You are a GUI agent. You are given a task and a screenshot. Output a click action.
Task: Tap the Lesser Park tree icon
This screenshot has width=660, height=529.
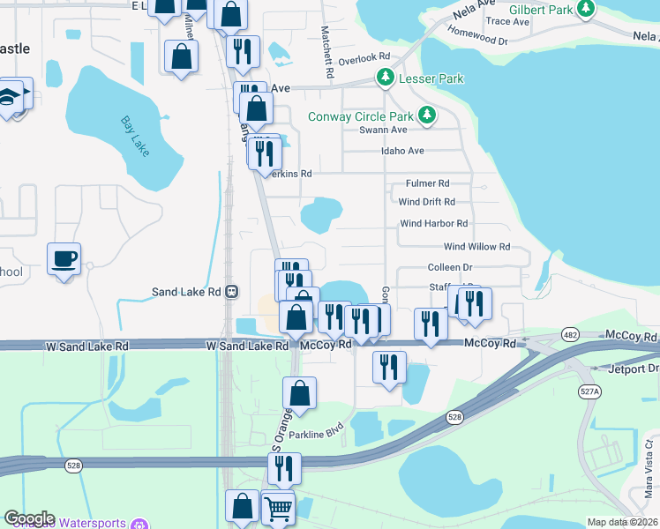click(385, 78)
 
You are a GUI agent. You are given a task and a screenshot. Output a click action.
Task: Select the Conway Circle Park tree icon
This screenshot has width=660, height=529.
click(427, 115)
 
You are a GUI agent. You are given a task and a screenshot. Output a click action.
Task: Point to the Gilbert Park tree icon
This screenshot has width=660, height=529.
click(583, 9)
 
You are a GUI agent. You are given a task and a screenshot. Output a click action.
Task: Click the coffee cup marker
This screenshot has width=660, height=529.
click(64, 259)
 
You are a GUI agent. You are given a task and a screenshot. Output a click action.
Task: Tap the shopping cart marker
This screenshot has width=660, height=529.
click(278, 507)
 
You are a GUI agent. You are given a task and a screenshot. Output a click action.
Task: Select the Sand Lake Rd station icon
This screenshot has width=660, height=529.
click(231, 292)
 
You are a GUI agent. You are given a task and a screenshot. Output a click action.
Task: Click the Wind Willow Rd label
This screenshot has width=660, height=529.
click(476, 247)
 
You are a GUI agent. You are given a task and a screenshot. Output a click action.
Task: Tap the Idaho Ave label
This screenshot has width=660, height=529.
click(402, 151)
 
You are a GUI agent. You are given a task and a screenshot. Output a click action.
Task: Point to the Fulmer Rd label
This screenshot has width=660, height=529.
click(427, 183)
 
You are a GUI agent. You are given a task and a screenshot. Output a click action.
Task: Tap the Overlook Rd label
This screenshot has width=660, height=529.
click(364, 56)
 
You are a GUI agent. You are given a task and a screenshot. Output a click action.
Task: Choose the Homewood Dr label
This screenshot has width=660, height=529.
click(477, 41)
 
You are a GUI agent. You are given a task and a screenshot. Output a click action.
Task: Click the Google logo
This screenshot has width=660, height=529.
click(29, 518)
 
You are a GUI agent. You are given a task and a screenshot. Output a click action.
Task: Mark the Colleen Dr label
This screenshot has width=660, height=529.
click(450, 266)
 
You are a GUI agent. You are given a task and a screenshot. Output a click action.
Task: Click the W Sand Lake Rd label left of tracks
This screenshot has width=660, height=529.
click(86, 346)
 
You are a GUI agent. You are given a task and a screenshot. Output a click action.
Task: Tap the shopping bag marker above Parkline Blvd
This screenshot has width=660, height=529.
click(300, 393)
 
